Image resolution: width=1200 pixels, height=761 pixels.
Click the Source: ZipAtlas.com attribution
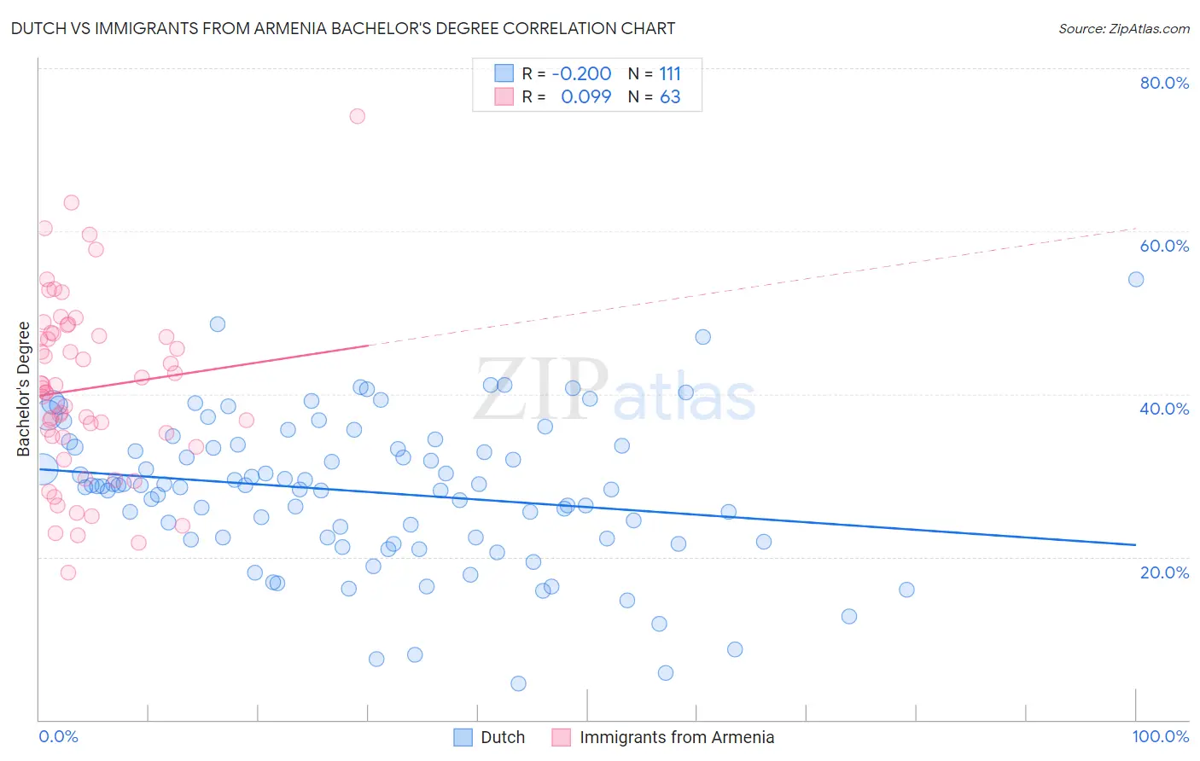click(x=1123, y=28)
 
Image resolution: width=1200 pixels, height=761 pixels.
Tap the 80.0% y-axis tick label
click(x=1164, y=83)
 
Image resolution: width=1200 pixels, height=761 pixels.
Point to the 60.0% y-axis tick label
click(x=1164, y=246)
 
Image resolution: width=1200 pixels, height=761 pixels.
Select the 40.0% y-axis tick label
click(x=1164, y=409)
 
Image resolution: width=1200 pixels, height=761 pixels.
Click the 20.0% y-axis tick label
click(x=1164, y=572)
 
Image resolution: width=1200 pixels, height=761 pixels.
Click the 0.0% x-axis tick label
click(x=58, y=736)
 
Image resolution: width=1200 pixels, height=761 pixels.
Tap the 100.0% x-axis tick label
click(x=1160, y=736)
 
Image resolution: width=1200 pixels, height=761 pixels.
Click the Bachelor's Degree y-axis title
click(x=24, y=389)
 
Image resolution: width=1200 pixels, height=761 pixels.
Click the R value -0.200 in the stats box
click(x=581, y=74)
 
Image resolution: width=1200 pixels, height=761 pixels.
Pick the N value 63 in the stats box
click(x=670, y=97)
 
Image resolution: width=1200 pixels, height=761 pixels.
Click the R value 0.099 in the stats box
click(x=585, y=97)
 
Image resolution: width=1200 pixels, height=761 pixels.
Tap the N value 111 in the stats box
click(x=670, y=74)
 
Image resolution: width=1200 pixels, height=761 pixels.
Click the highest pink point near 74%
click(x=358, y=116)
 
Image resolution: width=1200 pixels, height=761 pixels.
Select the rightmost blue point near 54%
click(x=1136, y=280)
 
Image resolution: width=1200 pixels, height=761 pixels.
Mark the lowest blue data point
click(x=518, y=683)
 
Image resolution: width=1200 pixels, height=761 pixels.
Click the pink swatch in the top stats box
click(x=504, y=97)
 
